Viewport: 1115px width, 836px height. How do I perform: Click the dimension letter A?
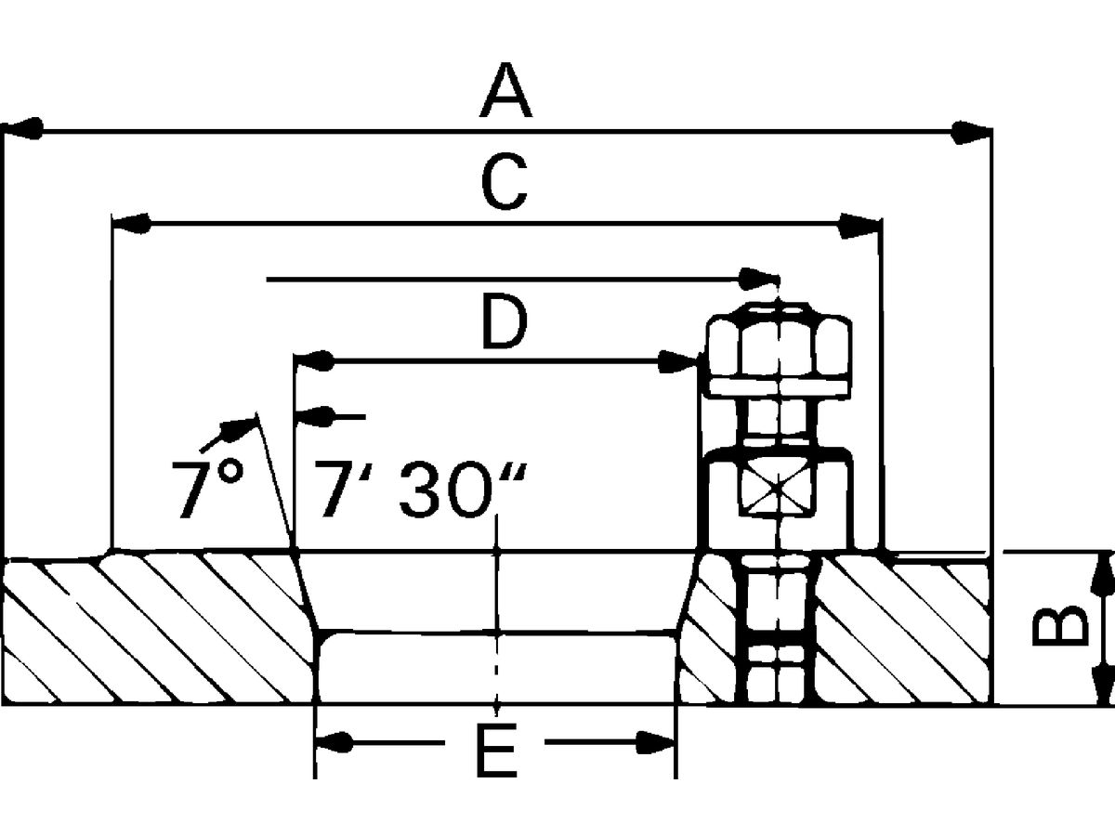pos(506,90)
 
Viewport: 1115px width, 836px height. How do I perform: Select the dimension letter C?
pos(504,182)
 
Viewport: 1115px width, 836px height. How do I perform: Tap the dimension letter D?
pos(505,321)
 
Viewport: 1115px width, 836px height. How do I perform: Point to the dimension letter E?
pos(497,751)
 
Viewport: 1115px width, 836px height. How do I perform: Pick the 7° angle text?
pos(208,489)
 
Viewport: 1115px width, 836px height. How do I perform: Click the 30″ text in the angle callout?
pos(462,489)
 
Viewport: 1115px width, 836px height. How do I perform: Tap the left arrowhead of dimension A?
pos(23,128)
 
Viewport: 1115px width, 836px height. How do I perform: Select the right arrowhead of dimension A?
pos(971,133)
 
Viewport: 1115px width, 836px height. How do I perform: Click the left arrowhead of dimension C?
pos(131,224)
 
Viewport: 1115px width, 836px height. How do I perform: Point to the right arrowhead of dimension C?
pos(859,226)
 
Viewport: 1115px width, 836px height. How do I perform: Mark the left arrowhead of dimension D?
pos(314,361)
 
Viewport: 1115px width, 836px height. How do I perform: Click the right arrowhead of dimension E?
pos(656,742)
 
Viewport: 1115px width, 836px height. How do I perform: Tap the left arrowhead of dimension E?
pos(334,742)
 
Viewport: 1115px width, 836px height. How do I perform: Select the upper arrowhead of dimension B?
pos(1101,576)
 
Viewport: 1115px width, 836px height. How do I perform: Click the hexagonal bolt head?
pos(779,350)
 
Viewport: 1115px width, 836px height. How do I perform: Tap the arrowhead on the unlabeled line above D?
pos(759,279)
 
